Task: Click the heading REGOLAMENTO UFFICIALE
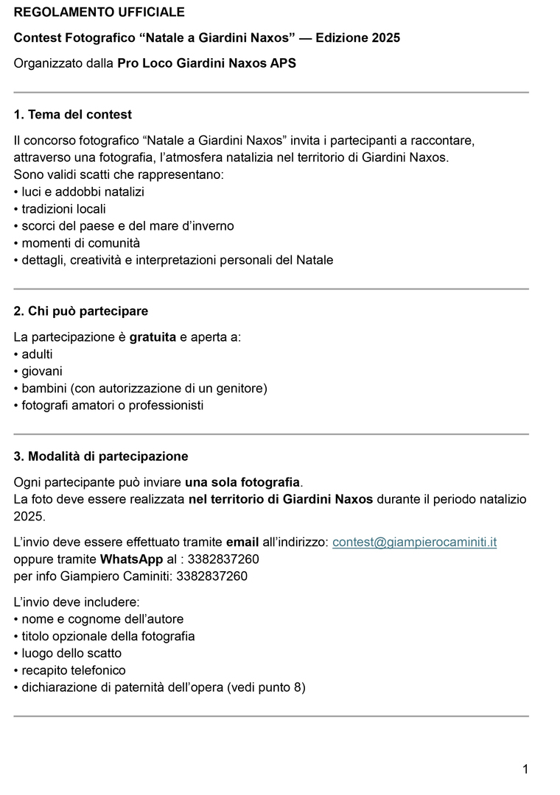99,13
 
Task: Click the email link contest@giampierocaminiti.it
415,543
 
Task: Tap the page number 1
525,770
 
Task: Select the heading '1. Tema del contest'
73,115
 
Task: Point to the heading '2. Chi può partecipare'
81,311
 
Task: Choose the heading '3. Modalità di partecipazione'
101,456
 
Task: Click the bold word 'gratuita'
153,337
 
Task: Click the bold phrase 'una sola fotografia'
242,483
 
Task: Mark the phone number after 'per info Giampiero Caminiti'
213,576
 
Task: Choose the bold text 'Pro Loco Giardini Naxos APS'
207,63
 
